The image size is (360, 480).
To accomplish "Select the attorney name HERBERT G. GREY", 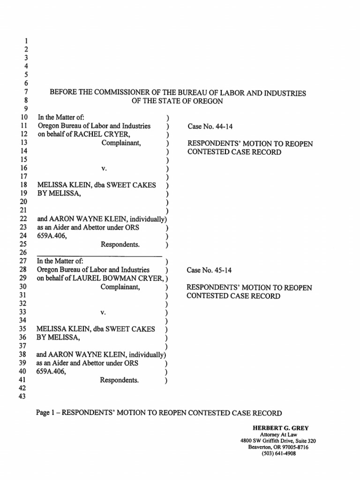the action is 275,427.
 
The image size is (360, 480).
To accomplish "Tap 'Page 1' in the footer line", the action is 47,413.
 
